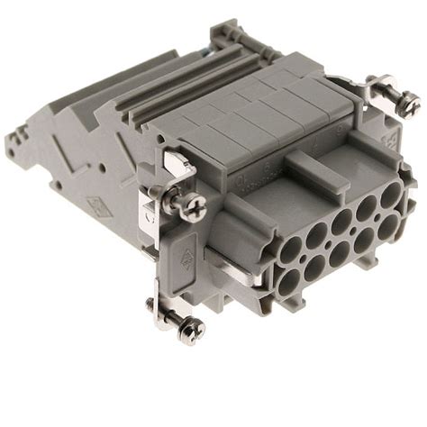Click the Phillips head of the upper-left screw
pyautogui.click(x=191, y=206)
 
